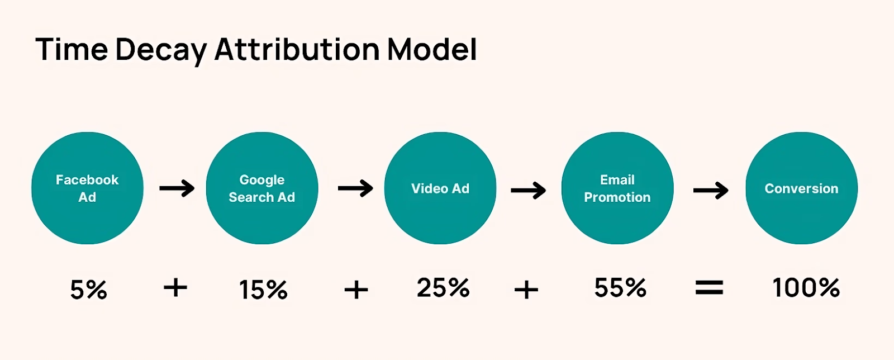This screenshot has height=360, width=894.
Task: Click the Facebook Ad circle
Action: point(87,188)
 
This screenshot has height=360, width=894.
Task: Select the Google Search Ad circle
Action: point(262,188)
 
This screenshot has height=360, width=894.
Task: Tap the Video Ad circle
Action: point(440,188)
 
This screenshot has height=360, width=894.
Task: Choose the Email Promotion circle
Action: point(617,188)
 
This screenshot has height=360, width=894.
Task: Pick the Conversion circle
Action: point(801,188)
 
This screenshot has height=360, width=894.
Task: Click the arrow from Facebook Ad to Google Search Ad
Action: point(177,188)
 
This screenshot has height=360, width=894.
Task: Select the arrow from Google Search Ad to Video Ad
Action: point(355,188)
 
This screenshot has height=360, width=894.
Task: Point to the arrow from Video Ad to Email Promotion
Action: point(529,190)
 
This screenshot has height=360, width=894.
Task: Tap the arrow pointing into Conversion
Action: point(711,190)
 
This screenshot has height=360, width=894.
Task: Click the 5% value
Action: point(89,290)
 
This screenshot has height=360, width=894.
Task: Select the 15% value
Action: point(263,290)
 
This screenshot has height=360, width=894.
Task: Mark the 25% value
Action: point(443,287)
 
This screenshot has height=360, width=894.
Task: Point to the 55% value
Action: point(620,287)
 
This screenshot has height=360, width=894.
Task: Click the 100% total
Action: point(806,287)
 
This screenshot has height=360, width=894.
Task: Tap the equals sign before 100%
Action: point(709,287)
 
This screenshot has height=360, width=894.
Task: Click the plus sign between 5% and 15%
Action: point(175,287)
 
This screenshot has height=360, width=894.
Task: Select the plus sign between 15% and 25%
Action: point(356,290)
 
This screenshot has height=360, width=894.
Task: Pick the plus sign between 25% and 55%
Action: point(526,290)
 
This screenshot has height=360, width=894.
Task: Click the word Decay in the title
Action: point(161,50)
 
